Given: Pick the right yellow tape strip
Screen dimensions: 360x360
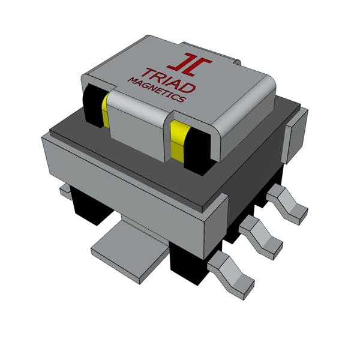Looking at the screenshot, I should [179, 142].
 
